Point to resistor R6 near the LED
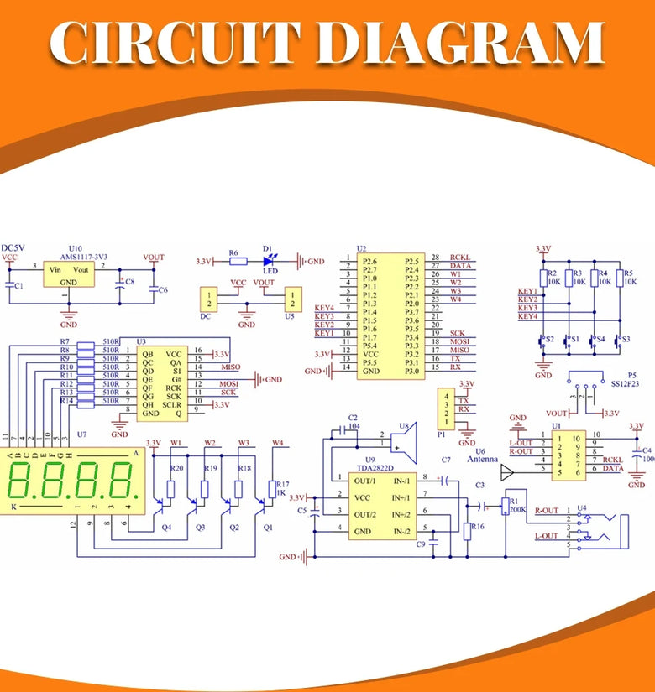(238, 261)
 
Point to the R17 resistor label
(282, 485)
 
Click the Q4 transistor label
(166, 527)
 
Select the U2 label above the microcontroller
(361, 249)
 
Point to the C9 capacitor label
(421, 544)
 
